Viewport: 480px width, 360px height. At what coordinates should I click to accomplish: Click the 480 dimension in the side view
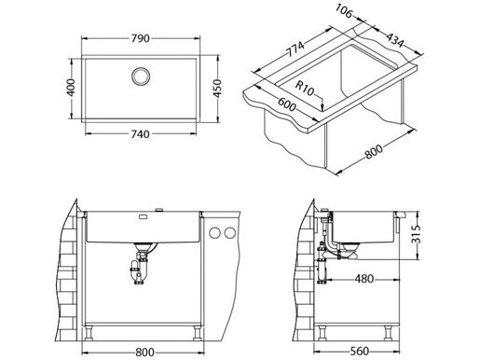[x=363, y=278]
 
